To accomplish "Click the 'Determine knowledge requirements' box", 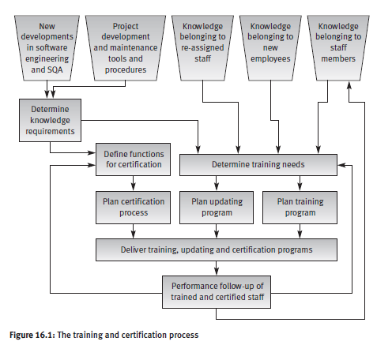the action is [50, 120].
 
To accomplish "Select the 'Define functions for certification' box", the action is [133, 159].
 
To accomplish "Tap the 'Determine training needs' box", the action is [258, 165].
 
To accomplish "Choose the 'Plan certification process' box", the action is [133, 208].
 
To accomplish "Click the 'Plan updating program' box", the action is [217, 208].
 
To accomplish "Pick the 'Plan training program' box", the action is [300, 208].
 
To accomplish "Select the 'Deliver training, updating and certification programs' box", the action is [217, 249].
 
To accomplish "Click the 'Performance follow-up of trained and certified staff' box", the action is [217, 292].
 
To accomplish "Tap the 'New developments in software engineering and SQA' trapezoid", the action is [47, 48].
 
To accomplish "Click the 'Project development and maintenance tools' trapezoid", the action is [126, 48].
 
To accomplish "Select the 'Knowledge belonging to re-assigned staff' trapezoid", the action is [202, 48].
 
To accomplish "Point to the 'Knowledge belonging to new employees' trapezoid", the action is [270, 48].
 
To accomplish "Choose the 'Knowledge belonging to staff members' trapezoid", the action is [338, 48].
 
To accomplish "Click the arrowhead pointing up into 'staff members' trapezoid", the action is [349, 85].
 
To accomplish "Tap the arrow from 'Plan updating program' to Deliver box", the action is [217, 231].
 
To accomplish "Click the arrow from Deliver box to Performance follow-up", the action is [217, 268].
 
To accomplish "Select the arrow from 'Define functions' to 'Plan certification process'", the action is [133, 183].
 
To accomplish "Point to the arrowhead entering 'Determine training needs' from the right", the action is [341, 165].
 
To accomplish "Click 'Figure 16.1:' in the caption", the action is [32, 335].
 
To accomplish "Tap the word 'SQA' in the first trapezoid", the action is [55, 69].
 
